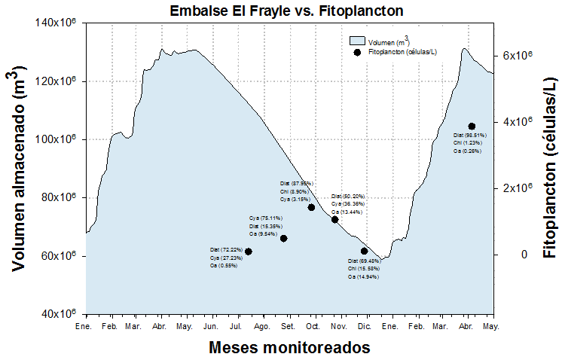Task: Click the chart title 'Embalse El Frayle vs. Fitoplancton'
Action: [x=286, y=11]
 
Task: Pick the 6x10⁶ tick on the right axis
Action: [x=518, y=56]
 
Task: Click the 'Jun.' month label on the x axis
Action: [x=212, y=327]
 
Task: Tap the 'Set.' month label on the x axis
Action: [x=288, y=327]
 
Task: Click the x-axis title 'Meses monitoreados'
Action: [x=289, y=347]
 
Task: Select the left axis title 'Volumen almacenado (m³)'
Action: [x=20, y=170]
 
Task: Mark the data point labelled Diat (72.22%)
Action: [x=249, y=252]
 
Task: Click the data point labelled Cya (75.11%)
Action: [x=284, y=238]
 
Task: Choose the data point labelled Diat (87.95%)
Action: [x=311, y=207]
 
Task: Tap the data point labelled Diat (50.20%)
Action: [x=334, y=219]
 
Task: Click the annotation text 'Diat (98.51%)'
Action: [x=470, y=135]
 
